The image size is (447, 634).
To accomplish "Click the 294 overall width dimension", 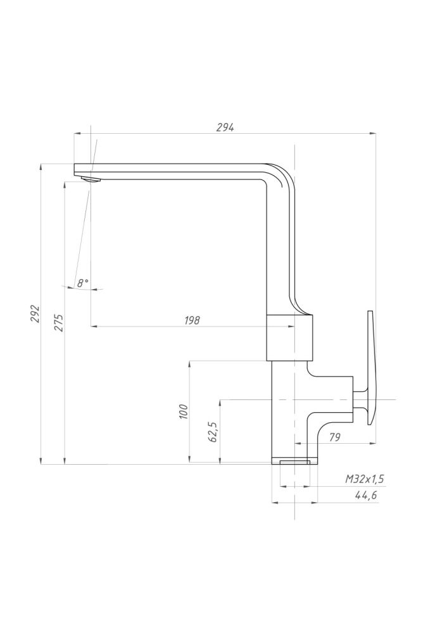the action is tap(225, 127).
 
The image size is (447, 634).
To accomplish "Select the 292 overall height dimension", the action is tap(36, 313).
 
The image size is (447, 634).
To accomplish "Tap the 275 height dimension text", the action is tap(59, 322).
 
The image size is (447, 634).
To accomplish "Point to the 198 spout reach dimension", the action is tap(192, 320).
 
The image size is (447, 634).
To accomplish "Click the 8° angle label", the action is tap(82, 283).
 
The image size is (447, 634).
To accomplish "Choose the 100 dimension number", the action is tap(184, 411).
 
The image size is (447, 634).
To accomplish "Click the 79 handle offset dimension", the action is tap(335, 437).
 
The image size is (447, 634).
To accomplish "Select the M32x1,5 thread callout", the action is tap(364, 479).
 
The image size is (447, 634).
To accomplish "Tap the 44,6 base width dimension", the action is tap(366, 495).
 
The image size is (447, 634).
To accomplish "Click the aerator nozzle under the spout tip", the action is tap(91, 179).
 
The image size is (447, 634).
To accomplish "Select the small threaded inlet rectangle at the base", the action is tap(295, 462).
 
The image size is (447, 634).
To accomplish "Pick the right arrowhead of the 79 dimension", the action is tap(373, 444).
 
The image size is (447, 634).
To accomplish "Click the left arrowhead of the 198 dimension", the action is tap(94, 325).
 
